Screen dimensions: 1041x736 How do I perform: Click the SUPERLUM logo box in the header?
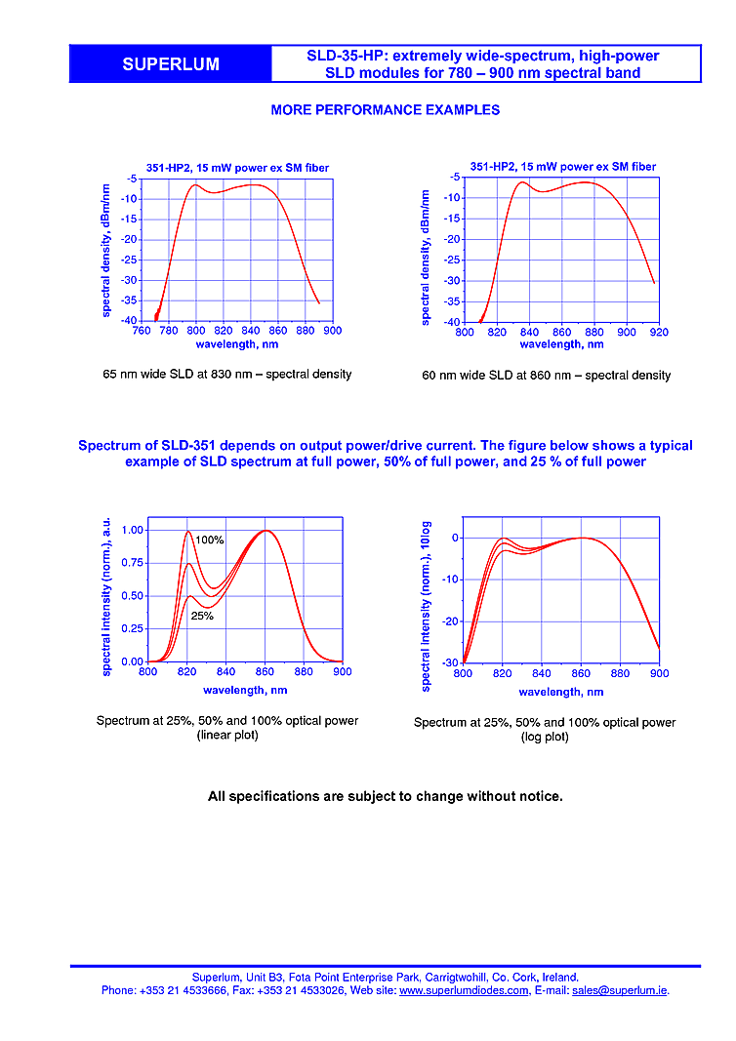(171, 64)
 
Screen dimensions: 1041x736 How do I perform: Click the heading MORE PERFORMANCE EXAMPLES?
(385, 110)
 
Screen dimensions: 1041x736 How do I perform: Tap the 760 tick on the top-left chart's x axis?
(142, 331)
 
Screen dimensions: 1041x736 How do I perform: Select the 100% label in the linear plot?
(210, 540)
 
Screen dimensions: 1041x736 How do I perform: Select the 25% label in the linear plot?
(202, 616)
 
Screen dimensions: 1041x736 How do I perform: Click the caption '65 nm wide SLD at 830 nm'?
(226, 374)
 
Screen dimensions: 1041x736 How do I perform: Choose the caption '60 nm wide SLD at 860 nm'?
(546, 375)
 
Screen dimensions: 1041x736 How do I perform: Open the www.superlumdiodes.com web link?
(464, 990)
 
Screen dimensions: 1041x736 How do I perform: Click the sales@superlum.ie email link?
(620, 990)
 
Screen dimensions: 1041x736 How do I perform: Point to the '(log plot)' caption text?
(545, 737)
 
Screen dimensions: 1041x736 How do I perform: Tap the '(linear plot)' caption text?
(226, 735)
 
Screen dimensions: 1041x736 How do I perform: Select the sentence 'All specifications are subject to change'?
(385, 796)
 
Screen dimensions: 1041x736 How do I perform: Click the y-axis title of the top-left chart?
(105, 251)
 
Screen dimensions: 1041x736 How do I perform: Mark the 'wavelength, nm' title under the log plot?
(560, 692)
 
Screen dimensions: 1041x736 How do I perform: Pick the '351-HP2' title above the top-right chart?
(562, 167)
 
